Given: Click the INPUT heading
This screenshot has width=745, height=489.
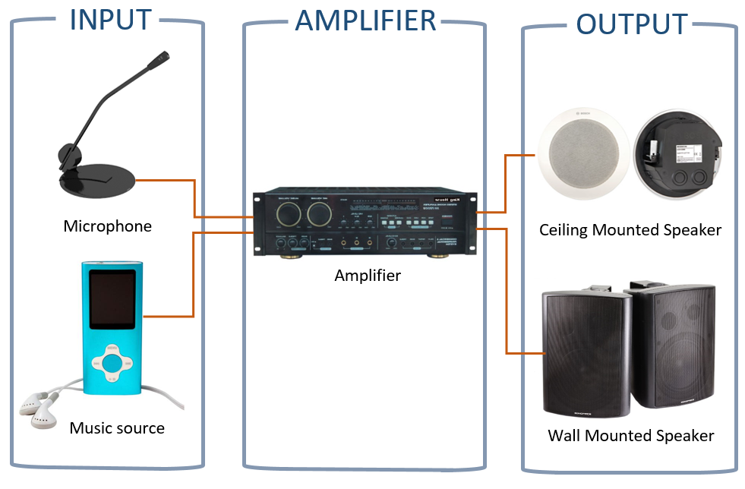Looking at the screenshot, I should coord(110,20).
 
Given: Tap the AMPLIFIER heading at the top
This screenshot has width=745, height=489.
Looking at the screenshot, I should coord(365,21).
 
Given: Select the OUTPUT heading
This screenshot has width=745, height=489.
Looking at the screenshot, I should coord(632,24).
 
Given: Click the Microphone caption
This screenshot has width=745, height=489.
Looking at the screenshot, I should coord(108,226).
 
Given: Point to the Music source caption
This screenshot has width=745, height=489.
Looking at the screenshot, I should coord(117,428).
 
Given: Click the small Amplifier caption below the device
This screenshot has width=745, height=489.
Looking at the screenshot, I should coord(368,276).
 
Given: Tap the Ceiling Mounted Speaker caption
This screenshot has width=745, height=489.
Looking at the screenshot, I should coord(630,229).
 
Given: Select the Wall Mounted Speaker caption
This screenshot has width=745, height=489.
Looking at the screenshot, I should coord(631,436).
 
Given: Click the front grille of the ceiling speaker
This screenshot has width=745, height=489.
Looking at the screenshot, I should coord(582,156).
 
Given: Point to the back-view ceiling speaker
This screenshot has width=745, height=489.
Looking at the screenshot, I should coord(678,156).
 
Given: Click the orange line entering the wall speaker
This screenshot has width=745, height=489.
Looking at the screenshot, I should coord(524,353).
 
